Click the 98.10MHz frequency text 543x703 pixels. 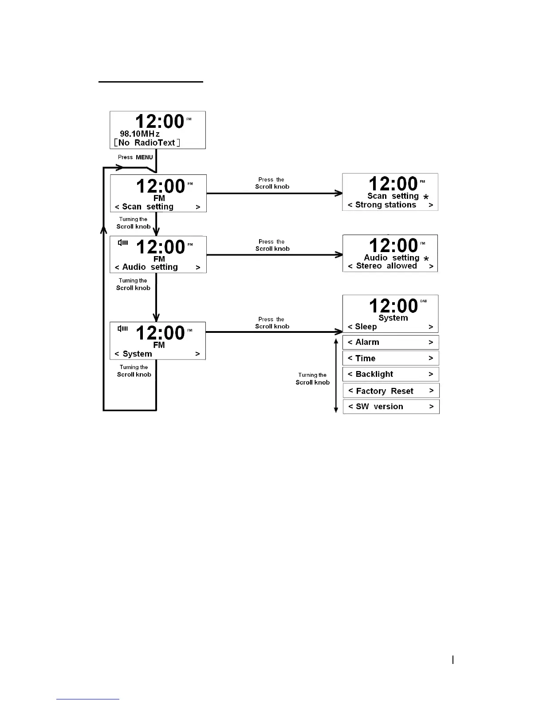click(140, 134)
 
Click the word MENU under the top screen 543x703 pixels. click(144, 157)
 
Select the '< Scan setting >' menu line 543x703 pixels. click(157, 207)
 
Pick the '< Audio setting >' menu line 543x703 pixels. click(157, 267)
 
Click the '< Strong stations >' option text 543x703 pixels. click(390, 205)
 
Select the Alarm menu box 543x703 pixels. click(390, 342)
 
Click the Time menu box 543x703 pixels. click(390, 358)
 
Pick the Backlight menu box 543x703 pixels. click(390, 374)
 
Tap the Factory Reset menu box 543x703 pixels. click(391, 391)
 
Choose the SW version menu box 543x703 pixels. click(391, 407)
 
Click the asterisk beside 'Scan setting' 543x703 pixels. click(426, 197)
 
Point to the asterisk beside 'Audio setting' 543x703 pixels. click(426, 259)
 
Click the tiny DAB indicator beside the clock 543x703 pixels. click(423, 301)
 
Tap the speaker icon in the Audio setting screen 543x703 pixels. click(123, 243)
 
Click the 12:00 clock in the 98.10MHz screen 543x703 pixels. click(159, 122)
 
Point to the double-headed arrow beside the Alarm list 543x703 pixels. click(336, 375)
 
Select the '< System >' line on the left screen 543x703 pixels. click(157, 354)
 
